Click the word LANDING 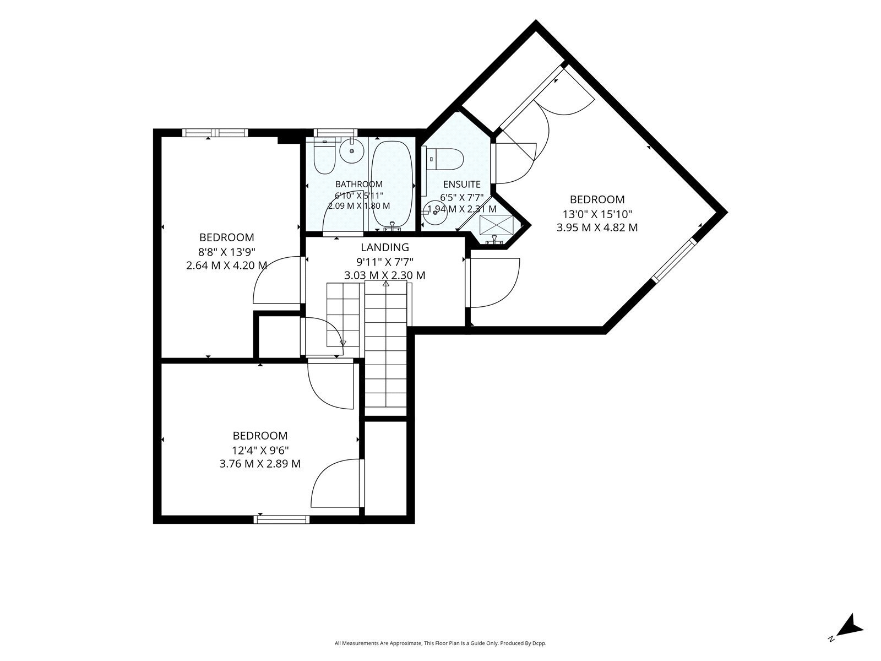click(384, 247)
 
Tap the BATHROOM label click(359, 184)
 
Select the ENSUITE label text click(461, 184)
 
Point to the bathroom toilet click(324, 158)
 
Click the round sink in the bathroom click(352, 151)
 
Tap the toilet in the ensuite click(445, 159)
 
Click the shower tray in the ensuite click(497, 225)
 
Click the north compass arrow click(852, 635)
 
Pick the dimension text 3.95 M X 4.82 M click(597, 227)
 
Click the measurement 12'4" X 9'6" click(260, 450)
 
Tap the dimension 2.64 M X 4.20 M click(227, 266)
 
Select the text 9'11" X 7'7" click(384, 262)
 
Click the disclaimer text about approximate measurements click(440, 643)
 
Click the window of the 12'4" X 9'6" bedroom click(281, 520)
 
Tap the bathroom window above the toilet click(335, 132)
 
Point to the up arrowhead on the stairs click(386, 284)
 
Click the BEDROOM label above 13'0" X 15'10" click(597, 199)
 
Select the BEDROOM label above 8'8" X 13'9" click(227, 237)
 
